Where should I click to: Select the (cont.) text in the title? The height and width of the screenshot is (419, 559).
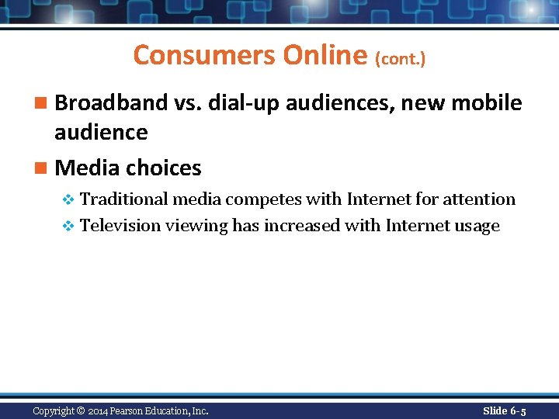pos(401,59)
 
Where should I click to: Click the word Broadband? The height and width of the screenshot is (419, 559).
pos(112,102)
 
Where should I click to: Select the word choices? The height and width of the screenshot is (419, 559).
pos(164,168)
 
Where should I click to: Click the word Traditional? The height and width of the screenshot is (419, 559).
pos(124,199)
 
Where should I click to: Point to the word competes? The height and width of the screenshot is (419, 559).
pos(263,199)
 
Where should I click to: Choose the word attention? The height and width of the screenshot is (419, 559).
pos(479,199)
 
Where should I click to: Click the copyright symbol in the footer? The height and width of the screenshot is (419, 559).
pos(81,410)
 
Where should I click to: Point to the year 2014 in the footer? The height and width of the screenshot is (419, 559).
pos(98,410)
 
